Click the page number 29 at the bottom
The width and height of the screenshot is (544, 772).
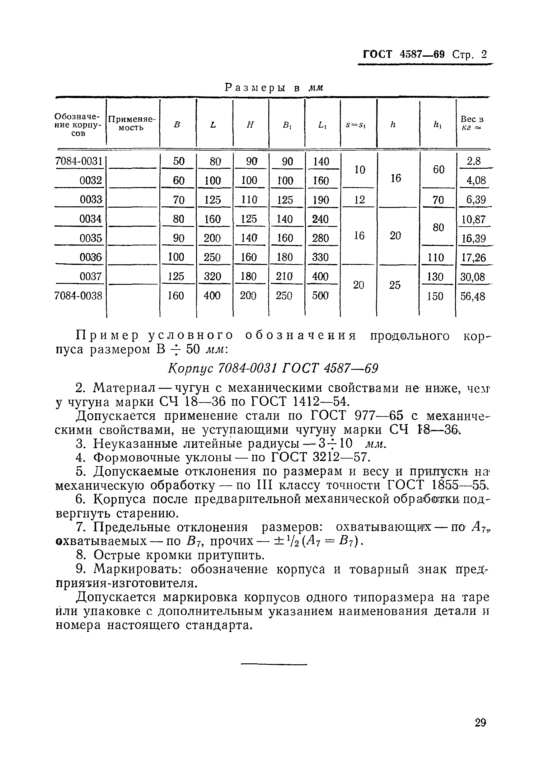point(481,722)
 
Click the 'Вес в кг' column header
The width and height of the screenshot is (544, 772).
point(472,123)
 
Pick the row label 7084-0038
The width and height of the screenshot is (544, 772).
point(78,296)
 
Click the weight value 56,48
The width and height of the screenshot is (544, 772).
point(473,296)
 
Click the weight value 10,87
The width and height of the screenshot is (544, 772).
point(473,219)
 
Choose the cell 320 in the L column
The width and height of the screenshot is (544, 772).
point(213,277)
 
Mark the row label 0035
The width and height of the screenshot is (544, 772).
point(91,238)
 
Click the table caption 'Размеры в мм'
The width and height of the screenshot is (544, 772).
point(274,88)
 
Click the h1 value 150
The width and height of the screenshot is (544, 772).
point(435,296)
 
